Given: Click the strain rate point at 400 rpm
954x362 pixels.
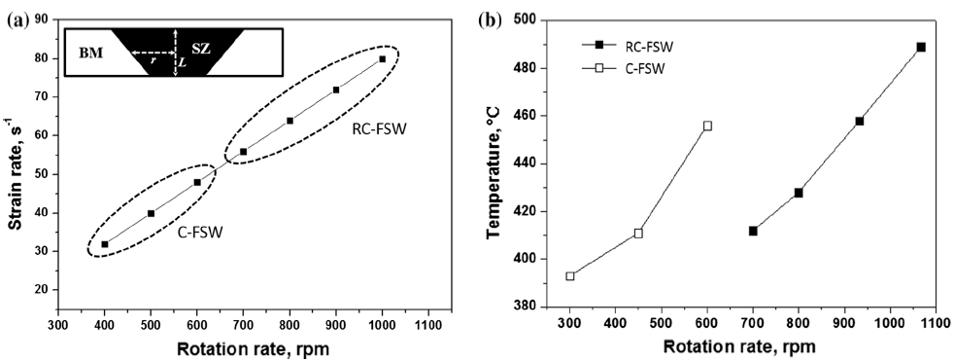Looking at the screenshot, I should click(x=105, y=244).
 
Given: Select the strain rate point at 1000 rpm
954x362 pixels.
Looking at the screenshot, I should click(x=382, y=59).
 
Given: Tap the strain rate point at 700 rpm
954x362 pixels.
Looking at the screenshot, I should click(x=243, y=152).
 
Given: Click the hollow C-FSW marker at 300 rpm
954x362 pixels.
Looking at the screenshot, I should click(x=570, y=276).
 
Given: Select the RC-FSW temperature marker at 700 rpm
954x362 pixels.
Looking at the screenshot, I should click(x=753, y=231).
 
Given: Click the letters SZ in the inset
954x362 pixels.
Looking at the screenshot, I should click(x=201, y=47).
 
